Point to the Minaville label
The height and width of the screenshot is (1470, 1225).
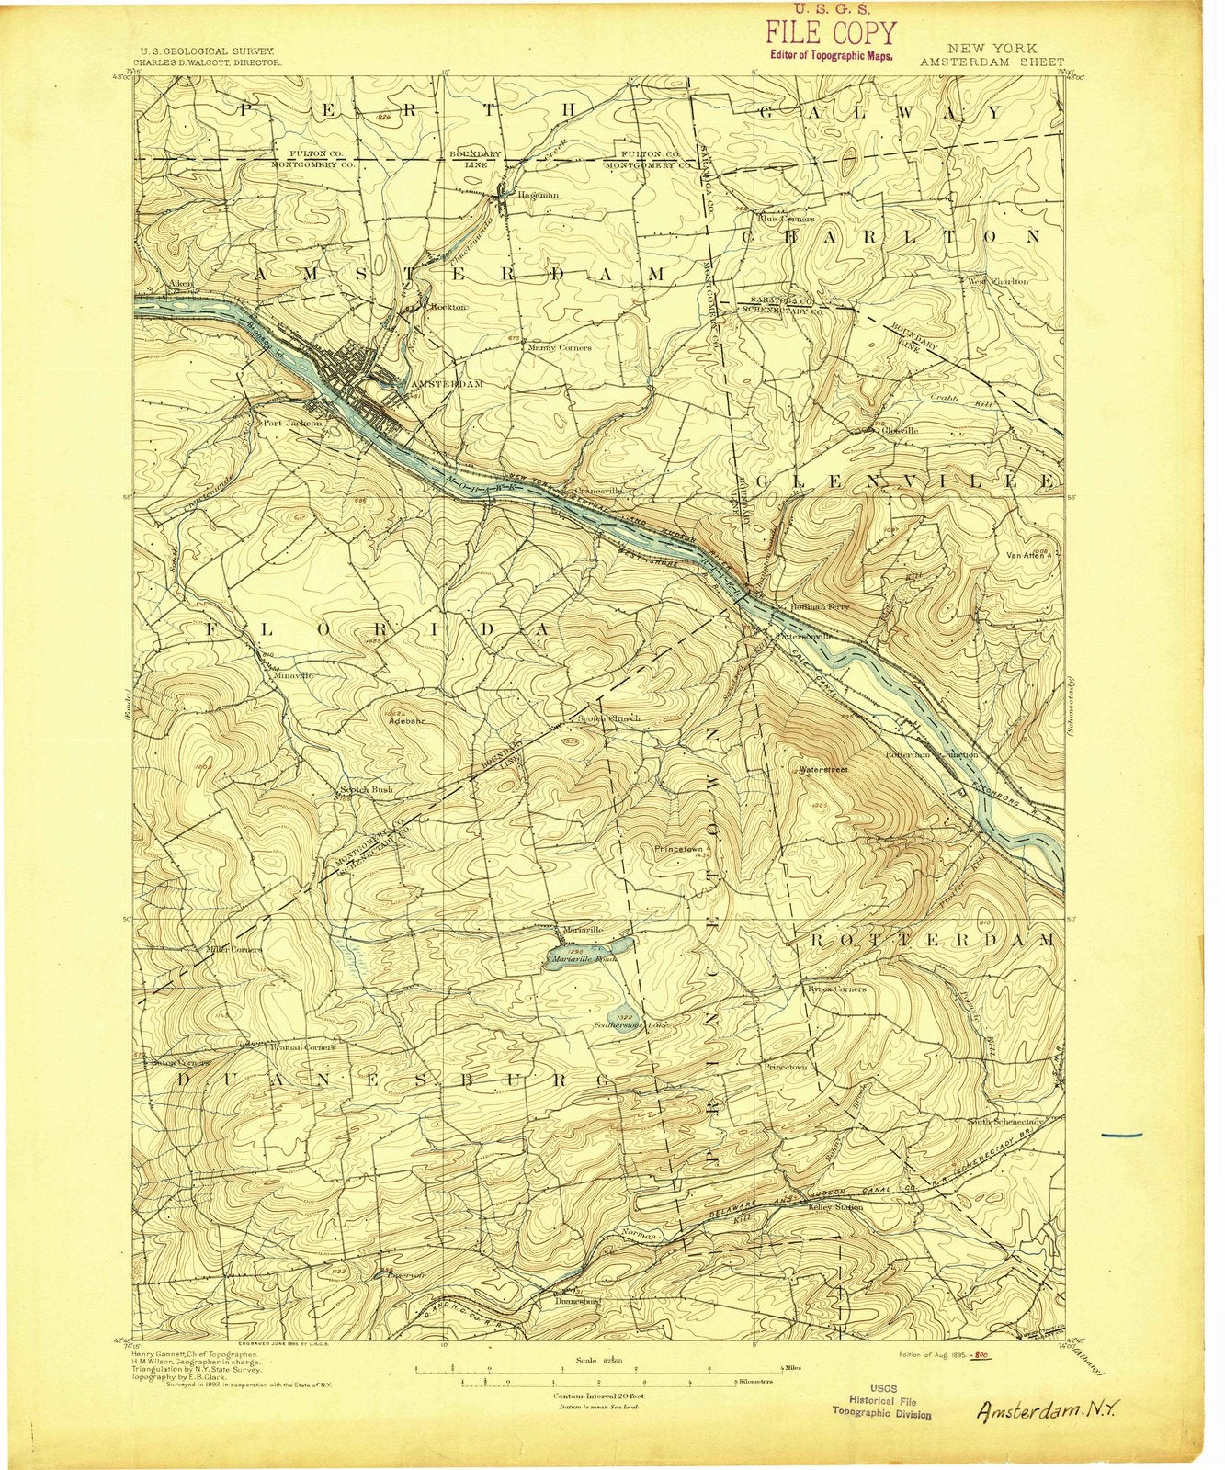(293, 674)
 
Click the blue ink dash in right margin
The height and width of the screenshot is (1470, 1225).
(1120, 1136)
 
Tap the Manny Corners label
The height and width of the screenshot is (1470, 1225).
(560, 348)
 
